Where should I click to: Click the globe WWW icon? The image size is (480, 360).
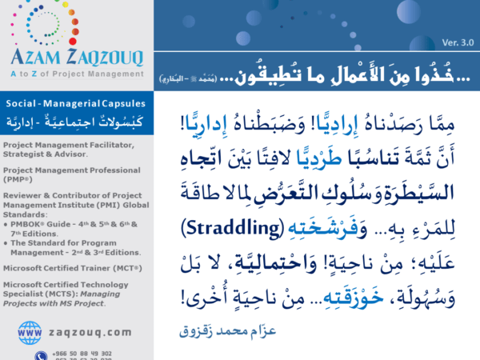[30, 330]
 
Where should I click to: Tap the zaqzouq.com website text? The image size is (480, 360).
[90, 331]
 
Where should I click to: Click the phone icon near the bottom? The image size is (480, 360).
[40, 354]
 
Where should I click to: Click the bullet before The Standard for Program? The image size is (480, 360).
[6, 229]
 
